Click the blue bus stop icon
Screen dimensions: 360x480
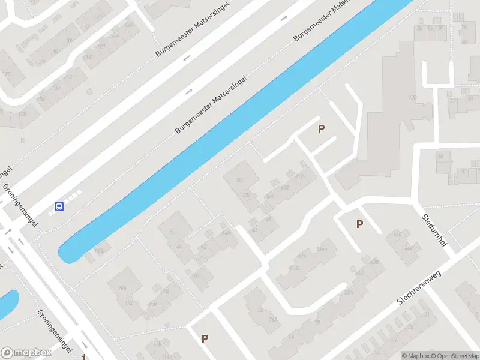(x=59, y=206)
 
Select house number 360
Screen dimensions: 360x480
(x=241, y=180)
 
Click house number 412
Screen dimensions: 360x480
(x=299, y=176)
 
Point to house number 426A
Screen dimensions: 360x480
(x=322, y=249)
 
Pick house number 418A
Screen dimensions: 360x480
(x=294, y=268)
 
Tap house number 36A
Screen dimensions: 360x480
(x=274, y=320)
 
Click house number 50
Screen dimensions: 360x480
(x=173, y=232)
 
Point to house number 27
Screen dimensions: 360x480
(x=8, y=74)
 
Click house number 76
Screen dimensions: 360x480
(x=463, y=26)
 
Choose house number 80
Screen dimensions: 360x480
(x=419, y=28)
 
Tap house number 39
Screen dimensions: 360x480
(x=70, y=41)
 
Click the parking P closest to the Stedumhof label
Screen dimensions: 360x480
(x=359, y=224)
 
